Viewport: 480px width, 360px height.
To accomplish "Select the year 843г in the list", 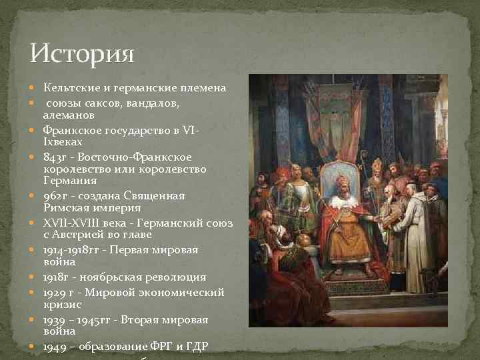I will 55,157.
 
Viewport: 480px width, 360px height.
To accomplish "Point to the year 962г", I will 55,196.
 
